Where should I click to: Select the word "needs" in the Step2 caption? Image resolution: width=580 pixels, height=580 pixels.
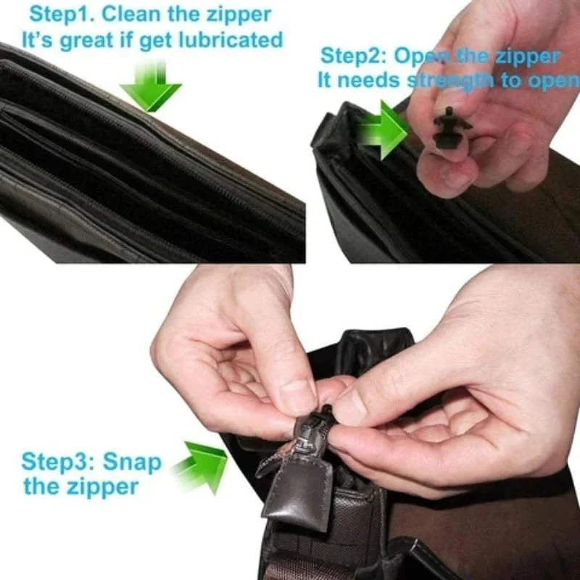click(x=370, y=80)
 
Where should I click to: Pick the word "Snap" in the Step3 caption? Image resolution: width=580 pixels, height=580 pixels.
click(x=132, y=461)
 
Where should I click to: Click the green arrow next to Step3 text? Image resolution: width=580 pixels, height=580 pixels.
click(x=200, y=464)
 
